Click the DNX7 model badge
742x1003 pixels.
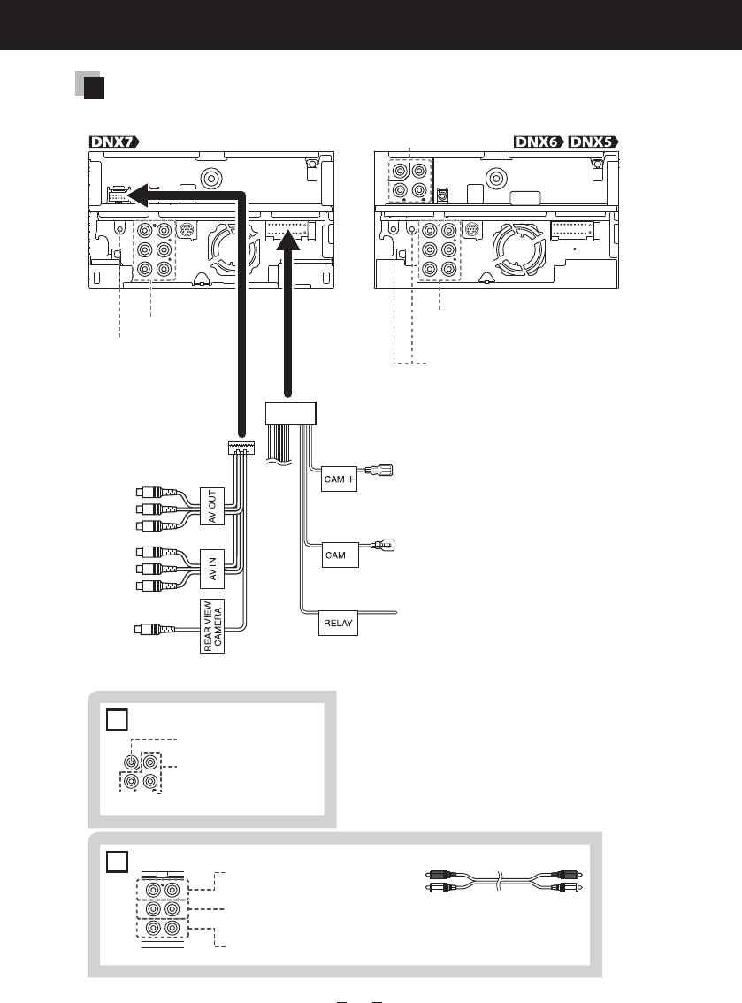coord(113,142)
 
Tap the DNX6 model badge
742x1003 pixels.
coord(539,142)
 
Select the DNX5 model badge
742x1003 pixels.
coord(593,142)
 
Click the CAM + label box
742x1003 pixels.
coord(339,479)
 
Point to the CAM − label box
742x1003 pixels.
coord(340,555)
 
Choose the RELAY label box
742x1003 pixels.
coord(338,623)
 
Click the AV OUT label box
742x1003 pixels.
coord(211,507)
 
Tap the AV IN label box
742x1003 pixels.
coord(211,569)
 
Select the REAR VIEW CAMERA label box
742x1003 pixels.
coord(212,626)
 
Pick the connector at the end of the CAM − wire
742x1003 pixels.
coord(383,546)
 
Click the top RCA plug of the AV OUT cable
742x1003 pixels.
coord(156,493)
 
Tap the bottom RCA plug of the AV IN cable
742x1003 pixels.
coord(156,586)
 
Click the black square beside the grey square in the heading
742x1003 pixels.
coord(94,88)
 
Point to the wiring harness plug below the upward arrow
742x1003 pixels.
coord(290,413)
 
